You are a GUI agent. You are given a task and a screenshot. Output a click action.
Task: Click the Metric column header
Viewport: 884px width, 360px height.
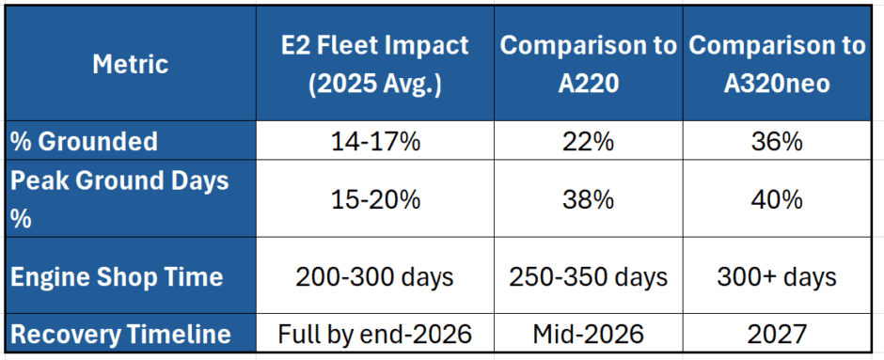tap(131, 64)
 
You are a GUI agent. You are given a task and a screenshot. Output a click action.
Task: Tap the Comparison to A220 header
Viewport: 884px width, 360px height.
tap(588, 64)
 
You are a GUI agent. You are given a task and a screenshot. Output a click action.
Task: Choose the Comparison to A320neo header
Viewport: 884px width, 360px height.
tap(777, 64)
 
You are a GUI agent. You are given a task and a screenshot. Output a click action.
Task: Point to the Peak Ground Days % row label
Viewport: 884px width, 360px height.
tap(120, 199)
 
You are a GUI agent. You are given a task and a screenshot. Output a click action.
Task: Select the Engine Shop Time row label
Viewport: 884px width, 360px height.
tap(118, 276)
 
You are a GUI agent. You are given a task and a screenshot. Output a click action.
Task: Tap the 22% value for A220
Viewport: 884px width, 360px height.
tap(588, 142)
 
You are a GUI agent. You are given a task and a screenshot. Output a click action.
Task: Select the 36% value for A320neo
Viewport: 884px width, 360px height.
tap(777, 142)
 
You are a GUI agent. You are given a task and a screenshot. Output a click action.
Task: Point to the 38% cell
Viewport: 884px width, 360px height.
tap(588, 199)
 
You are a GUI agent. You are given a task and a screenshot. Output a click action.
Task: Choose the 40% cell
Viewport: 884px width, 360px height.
tap(777, 199)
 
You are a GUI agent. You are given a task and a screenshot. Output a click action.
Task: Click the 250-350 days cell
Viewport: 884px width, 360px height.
tap(588, 276)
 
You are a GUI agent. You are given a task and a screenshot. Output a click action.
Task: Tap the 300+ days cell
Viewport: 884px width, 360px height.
tap(777, 276)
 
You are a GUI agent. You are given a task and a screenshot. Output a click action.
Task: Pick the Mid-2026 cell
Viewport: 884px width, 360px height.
tap(588, 333)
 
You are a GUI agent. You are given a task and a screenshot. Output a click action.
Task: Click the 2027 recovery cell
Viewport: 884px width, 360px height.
tap(777, 333)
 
